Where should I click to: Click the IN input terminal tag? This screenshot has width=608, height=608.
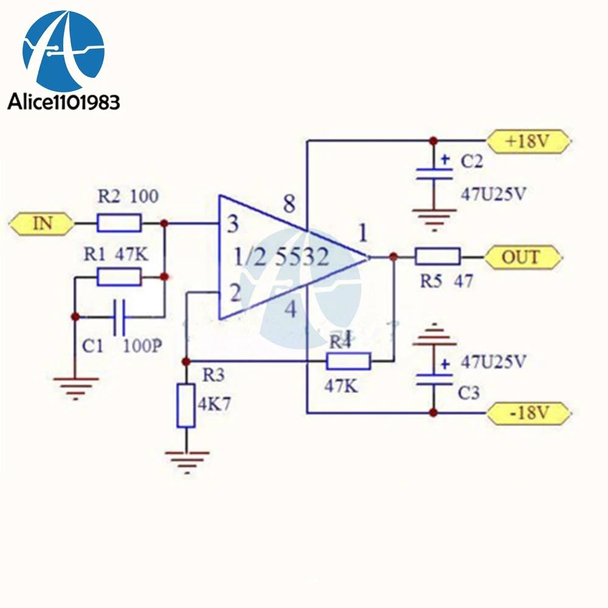(41, 224)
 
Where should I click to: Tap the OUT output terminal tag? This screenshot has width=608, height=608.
(523, 257)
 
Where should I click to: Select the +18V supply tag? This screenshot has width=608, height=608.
(529, 141)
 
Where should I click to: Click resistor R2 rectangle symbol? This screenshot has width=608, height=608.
(119, 224)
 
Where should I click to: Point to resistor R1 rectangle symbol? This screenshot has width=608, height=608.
(119, 277)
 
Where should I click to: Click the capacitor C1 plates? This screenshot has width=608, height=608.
(119, 317)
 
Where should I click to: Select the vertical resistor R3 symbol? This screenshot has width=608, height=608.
(186, 406)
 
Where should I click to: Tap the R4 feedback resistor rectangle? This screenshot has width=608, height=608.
(348, 361)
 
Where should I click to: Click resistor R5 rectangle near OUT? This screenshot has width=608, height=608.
(438, 257)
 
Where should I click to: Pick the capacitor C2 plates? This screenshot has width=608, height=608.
(434, 174)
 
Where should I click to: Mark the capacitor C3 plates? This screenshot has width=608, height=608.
(434, 379)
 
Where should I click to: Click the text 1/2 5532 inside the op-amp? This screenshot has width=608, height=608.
(282, 257)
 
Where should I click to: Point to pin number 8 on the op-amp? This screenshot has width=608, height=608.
(289, 204)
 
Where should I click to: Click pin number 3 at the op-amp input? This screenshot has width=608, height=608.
(232, 224)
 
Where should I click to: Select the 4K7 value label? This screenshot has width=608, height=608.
(214, 404)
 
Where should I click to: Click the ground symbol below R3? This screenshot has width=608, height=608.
(187, 462)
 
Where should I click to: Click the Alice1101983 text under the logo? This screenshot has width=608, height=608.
(64, 102)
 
